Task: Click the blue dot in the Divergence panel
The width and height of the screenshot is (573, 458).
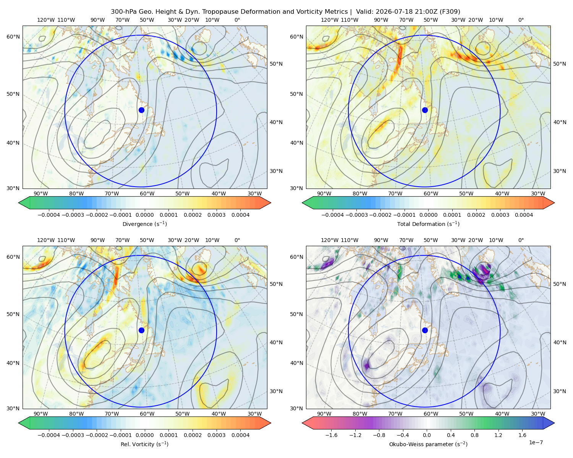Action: (141, 110)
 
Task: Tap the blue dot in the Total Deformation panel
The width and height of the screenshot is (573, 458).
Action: (425, 110)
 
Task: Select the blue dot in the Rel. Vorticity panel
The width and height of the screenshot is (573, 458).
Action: (141, 330)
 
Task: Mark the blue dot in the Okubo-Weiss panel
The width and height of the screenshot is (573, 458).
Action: (425, 330)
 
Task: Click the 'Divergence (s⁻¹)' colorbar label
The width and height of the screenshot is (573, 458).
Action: (144, 224)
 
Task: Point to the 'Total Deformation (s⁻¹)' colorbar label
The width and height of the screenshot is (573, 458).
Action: (428, 224)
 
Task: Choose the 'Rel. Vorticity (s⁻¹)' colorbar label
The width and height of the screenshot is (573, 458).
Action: (144, 444)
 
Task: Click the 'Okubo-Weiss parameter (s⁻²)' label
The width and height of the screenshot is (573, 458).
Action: (428, 444)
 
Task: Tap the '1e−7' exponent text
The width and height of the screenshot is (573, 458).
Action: (536, 442)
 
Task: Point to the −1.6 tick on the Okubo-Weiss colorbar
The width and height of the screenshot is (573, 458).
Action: (331, 435)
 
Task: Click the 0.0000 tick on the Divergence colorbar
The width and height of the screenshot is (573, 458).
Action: (144, 215)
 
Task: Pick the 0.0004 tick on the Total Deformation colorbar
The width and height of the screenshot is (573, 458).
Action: (524, 215)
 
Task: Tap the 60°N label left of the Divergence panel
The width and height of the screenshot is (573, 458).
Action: (13, 37)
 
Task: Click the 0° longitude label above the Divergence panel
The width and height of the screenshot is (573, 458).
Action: (237, 20)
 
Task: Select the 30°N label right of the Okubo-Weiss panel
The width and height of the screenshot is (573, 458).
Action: (559, 391)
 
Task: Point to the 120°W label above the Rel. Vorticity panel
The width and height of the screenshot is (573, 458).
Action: (46, 240)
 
